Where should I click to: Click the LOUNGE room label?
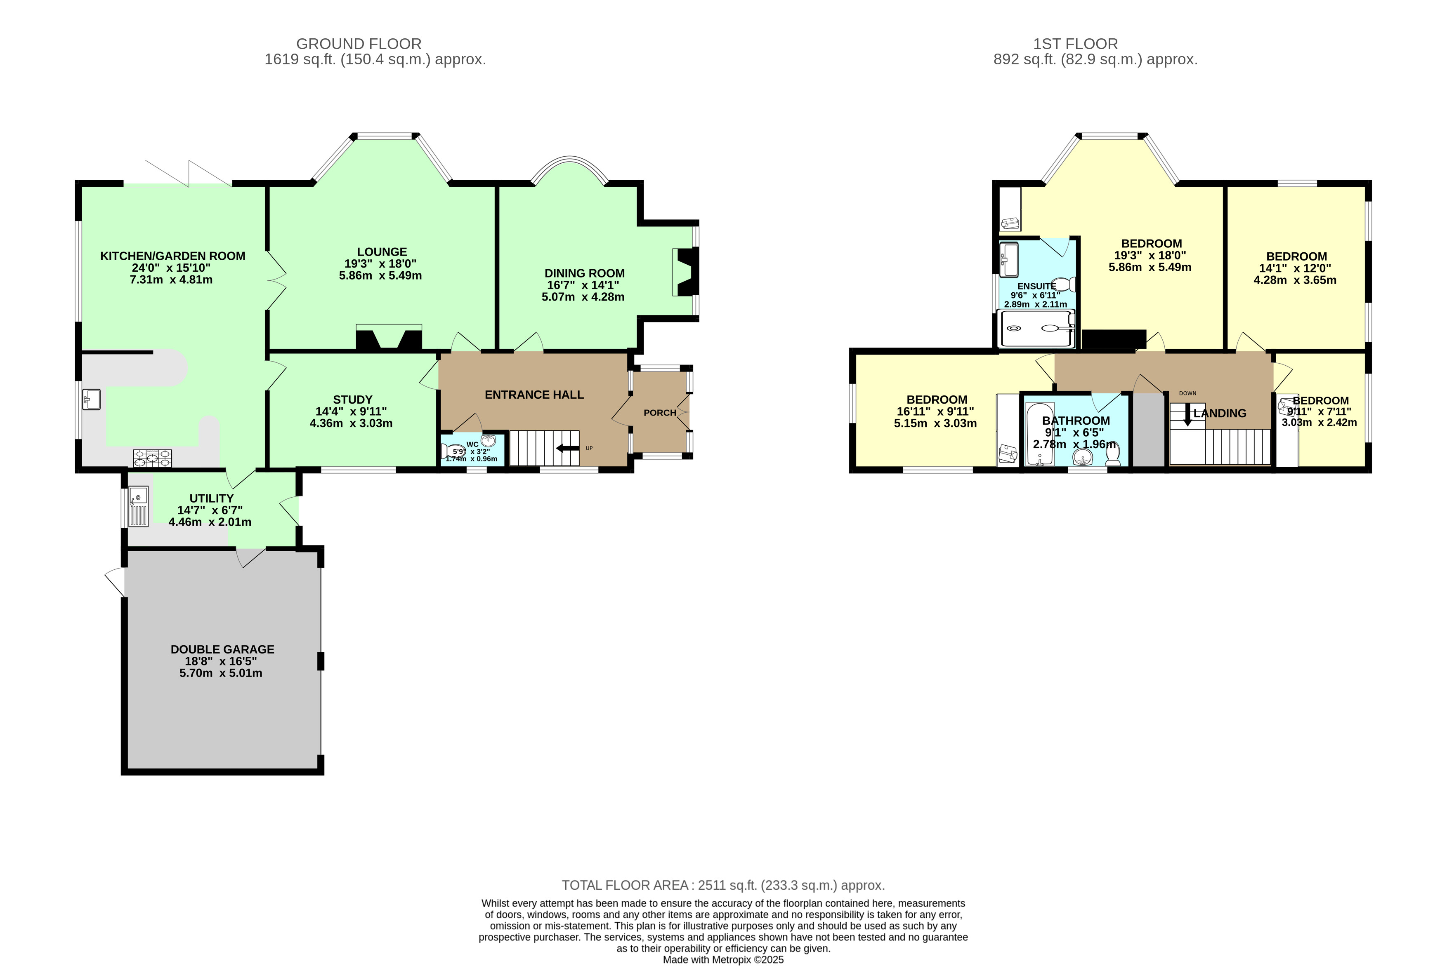point(382,252)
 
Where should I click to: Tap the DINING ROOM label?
point(585,273)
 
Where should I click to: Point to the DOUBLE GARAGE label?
point(222,649)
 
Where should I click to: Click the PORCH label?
point(660,413)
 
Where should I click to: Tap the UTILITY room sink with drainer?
point(139,506)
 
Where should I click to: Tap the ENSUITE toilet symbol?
point(1064,284)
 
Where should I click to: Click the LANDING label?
point(1220,414)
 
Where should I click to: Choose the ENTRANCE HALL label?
point(534,395)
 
